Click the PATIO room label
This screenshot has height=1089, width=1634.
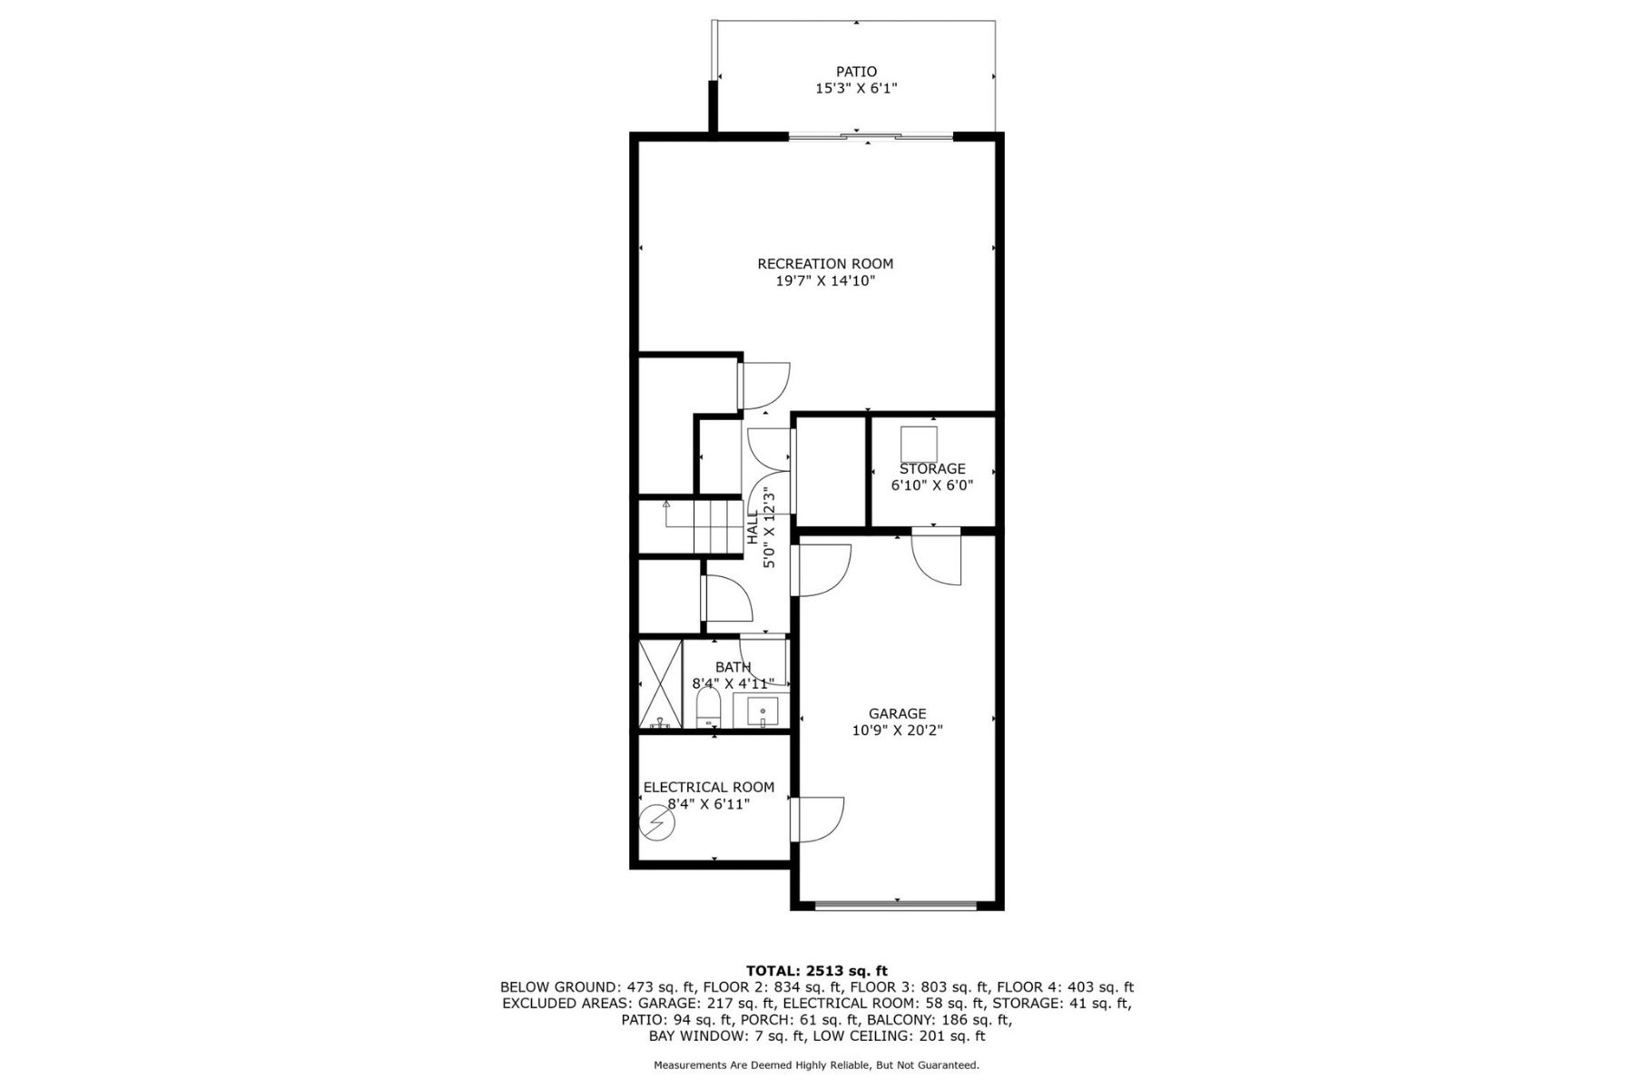(856, 72)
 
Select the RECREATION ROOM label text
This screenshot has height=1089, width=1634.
(825, 264)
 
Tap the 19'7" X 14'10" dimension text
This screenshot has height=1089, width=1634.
(825, 281)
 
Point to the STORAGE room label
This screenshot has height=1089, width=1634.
(932, 468)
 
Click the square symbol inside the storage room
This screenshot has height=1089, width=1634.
(919, 443)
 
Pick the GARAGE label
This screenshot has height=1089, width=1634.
(897, 714)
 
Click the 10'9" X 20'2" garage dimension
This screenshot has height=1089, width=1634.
(897, 731)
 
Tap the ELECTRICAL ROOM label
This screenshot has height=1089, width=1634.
(709, 788)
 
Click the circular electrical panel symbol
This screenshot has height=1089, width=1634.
(657, 823)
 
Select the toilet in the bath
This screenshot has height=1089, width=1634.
(708, 708)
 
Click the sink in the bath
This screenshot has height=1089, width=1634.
(763, 711)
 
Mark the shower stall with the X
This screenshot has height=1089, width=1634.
(660, 683)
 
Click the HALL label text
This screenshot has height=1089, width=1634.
(753, 527)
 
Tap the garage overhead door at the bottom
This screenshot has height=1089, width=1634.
(896, 904)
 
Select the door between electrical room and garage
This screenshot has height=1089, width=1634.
(817, 819)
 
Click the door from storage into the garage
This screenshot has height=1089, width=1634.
(936, 555)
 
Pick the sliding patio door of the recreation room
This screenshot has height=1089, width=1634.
(871, 136)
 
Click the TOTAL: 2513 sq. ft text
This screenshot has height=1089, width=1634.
(817, 970)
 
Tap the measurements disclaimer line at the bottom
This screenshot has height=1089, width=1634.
(817, 1064)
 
